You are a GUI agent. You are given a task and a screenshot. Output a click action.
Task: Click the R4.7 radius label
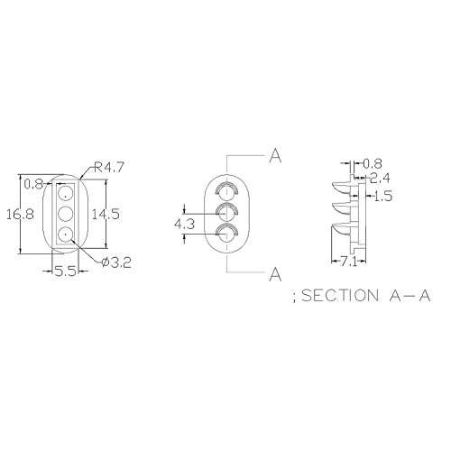108,167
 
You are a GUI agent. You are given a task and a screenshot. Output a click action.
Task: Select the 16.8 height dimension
21,215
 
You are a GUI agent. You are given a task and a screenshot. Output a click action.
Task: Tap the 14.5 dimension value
106,214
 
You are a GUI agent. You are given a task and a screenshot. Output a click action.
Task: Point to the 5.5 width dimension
65,272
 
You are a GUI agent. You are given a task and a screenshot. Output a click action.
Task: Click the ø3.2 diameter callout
116,262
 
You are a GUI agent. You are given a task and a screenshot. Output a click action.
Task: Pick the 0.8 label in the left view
33,184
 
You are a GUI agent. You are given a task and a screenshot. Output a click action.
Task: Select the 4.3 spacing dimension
185,224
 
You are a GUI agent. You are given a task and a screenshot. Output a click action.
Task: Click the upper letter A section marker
275,156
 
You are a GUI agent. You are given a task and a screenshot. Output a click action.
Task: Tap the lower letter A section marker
275,274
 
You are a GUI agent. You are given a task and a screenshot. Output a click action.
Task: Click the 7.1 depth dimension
349,262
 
